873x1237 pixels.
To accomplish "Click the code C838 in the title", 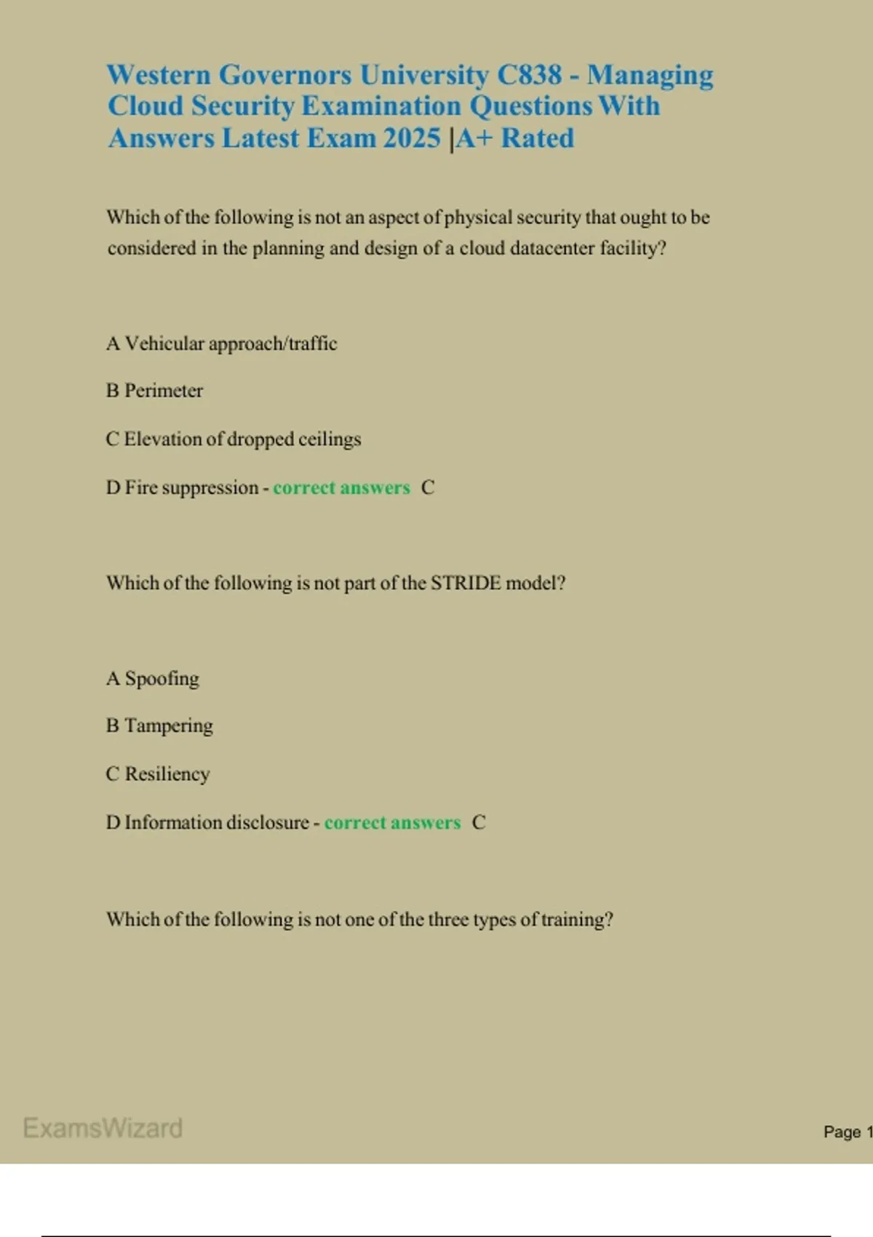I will pyautogui.click(x=530, y=75).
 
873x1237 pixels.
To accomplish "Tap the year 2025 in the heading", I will pyautogui.click(x=412, y=138).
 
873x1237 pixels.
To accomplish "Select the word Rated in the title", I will pyautogui.click(x=538, y=138).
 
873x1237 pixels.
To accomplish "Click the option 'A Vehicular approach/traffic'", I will pyautogui.click(x=222, y=343).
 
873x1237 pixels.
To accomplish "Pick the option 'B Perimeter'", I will pyautogui.click(x=154, y=391).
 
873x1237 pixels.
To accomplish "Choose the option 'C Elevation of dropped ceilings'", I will pyautogui.click(x=234, y=439).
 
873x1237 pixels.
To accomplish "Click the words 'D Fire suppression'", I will pyautogui.click(x=182, y=488).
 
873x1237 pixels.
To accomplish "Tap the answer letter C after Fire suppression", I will pyautogui.click(x=428, y=488).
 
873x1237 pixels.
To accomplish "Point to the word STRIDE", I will pyautogui.click(x=466, y=583).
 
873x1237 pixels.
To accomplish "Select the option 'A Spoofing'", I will pyautogui.click(x=153, y=679).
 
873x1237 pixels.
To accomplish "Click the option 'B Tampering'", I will pyautogui.click(x=159, y=725).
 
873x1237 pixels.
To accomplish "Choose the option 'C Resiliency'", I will pyautogui.click(x=158, y=773).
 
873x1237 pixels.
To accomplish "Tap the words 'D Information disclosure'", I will pyautogui.click(x=207, y=822).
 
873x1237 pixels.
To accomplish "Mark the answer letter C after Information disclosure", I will pyautogui.click(x=479, y=822).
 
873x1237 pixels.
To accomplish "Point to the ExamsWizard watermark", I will pyautogui.click(x=103, y=1128).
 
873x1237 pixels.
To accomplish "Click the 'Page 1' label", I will pyautogui.click(x=847, y=1131).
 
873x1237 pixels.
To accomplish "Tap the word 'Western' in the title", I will pyautogui.click(x=159, y=75).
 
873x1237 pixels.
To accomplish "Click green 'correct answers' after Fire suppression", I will pyautogui.click(x=341, y=488).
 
